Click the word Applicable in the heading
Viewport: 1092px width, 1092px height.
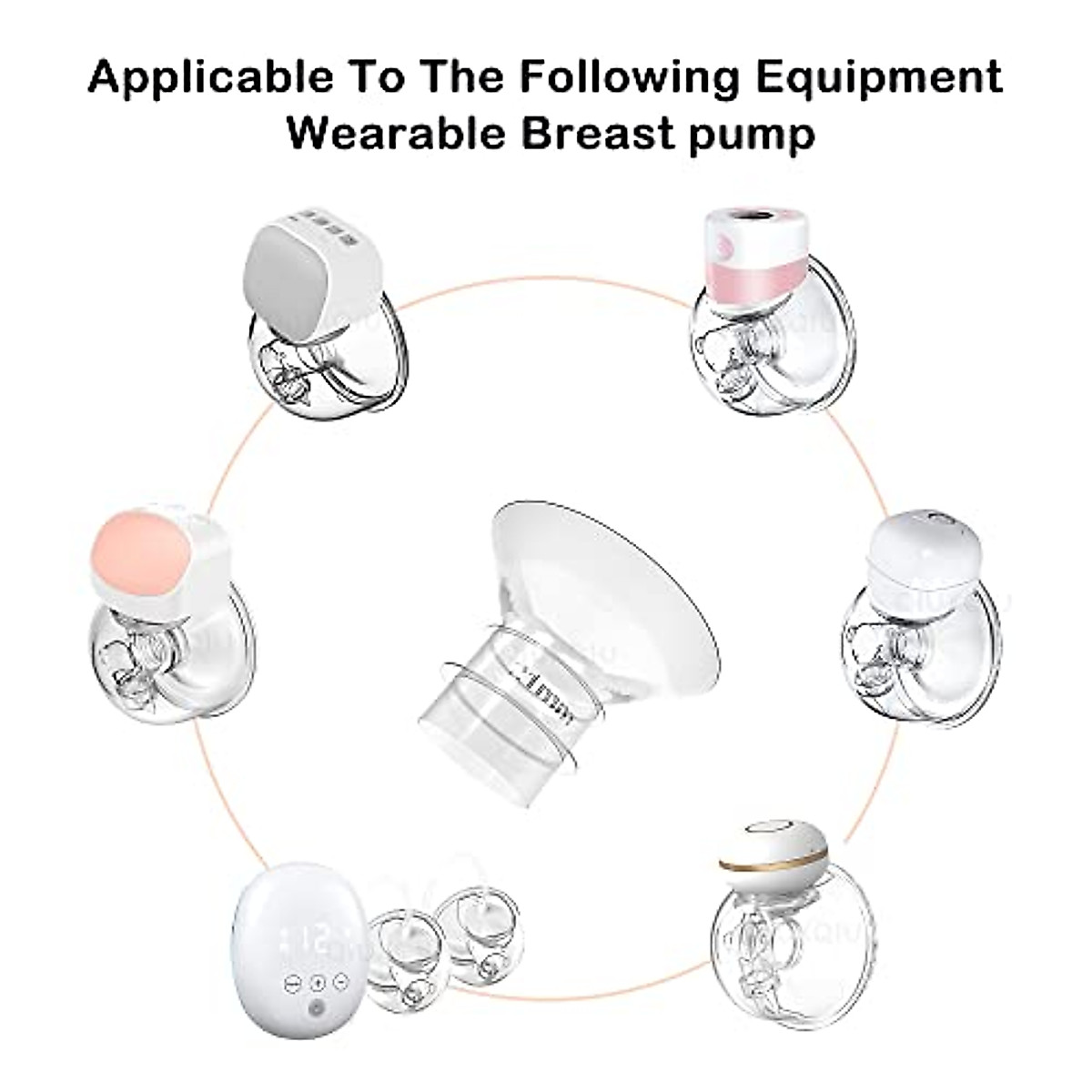tap(211, 78)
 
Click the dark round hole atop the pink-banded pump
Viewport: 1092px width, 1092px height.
tap(757, 222)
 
